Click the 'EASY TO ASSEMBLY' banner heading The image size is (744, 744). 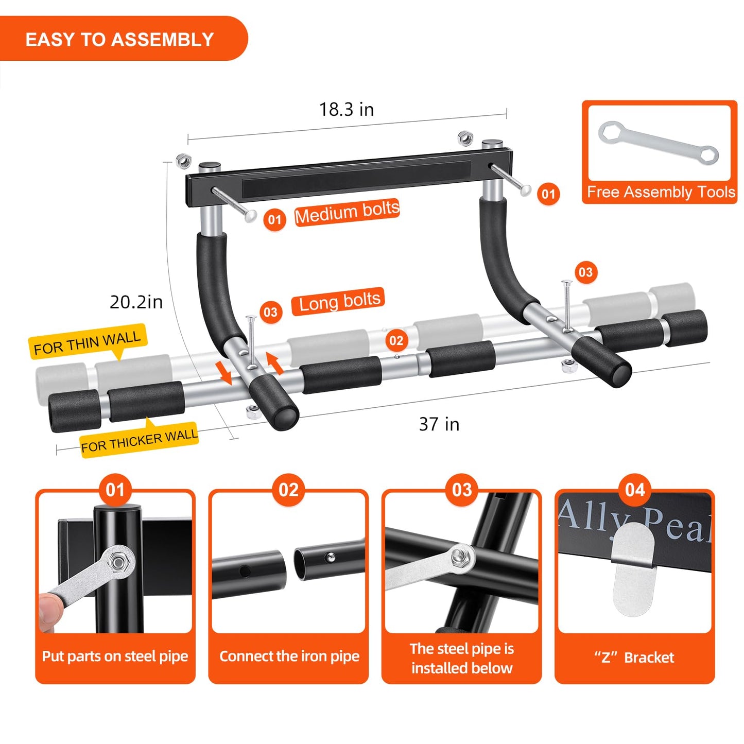tap(119, 40)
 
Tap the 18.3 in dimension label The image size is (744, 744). tap(346, 109)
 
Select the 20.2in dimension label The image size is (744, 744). tap(136, 302)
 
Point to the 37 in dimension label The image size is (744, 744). tap(439, 424)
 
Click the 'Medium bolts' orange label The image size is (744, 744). tap(347, 212)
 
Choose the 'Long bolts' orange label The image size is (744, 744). tap(338, 301)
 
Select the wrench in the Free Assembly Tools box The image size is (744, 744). tap(658, 143)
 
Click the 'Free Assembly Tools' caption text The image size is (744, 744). tap(661, 192)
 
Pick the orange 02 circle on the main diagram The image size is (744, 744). tap(396, 340)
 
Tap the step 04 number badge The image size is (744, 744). tap(635, 490)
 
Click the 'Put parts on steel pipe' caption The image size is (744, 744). tap(115, 656)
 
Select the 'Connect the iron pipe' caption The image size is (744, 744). tap(289, 656)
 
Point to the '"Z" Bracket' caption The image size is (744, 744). tap(634, 658)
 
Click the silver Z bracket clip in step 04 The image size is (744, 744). tap(633, 569)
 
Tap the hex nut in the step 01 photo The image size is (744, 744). tap(118, 562)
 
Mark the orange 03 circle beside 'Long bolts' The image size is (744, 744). tap(271, 312)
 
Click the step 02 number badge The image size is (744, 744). tap(288, 490)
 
